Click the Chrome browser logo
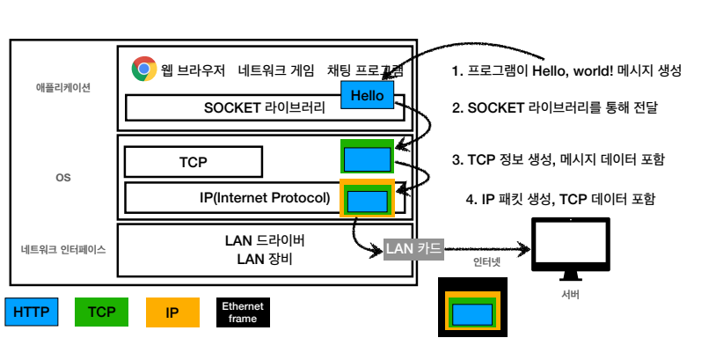point(144,69)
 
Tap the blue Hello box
point(367,95)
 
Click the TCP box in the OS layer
point(194,162)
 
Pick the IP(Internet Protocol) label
point(264,197)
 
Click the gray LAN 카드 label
point(413,248)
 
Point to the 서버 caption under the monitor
point(569,294)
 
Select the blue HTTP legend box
point(31,311)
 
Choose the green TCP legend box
point(101,311)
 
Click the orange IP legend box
point(172,311)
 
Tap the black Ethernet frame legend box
point(243,312)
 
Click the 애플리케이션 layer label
point(63,88)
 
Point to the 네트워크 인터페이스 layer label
point(63,249)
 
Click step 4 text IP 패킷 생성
point(560,199)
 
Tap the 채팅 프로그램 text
point(365,70)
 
